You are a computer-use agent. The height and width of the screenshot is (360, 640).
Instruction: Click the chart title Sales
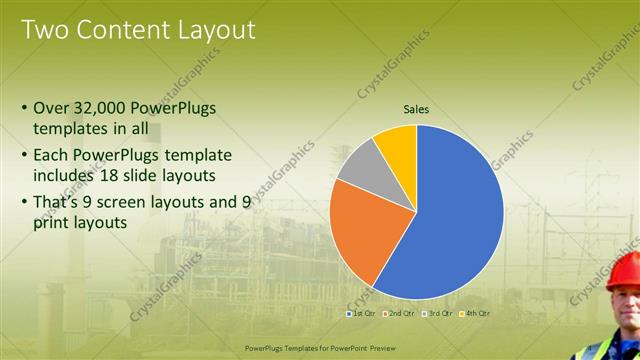click(417, 109)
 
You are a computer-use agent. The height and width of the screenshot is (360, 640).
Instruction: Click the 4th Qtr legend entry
click(476, 313)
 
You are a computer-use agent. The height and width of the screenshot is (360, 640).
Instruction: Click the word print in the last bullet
click(51, 224)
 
